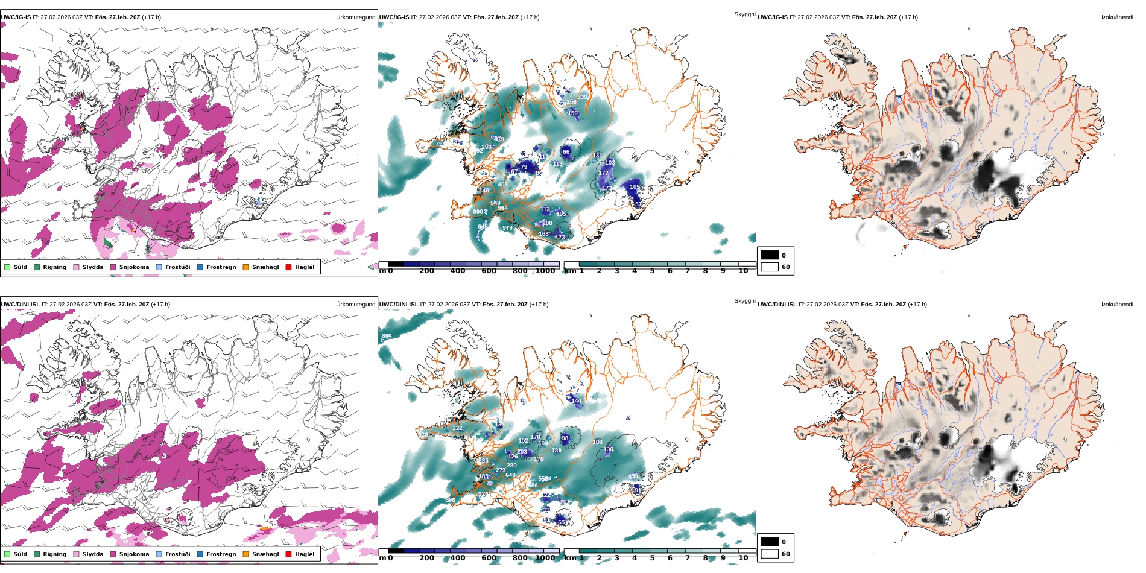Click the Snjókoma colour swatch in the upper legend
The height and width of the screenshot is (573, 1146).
[113, 267]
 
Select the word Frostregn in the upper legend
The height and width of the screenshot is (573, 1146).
[221, 267]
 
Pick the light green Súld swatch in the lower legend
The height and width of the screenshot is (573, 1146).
[7, 554]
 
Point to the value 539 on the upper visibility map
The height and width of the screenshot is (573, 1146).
[582, 97]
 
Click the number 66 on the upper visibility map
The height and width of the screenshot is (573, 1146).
[566, 152]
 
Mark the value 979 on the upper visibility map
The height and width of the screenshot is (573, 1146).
[507, 228]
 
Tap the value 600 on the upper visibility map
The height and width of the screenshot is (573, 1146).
[478, 212]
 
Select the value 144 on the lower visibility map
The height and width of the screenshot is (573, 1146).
[576, 401]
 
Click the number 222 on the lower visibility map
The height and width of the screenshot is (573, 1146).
[457, 428]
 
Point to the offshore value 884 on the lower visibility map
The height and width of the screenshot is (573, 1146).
[387, 336]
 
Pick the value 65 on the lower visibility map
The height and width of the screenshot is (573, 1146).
[562, 522]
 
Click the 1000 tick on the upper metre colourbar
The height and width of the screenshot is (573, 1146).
[545, 271]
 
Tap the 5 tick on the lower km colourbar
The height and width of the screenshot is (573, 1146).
[652, 558]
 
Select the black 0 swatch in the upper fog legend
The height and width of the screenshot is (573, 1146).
[770, 255]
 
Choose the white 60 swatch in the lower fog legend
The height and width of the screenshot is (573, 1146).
[770, 554]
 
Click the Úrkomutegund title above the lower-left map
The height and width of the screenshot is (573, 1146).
[355, 305]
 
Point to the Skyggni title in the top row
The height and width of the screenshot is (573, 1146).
[744, 14]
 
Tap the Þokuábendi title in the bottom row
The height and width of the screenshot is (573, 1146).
[1117, 305]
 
